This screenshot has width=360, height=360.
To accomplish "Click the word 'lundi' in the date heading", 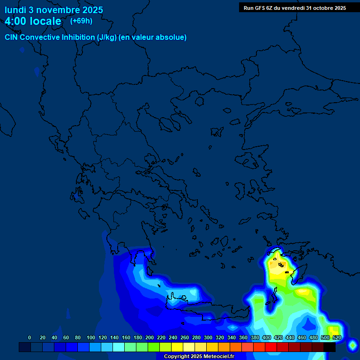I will tap(15, 10).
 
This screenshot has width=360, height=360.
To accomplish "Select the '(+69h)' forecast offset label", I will tap(81, 21).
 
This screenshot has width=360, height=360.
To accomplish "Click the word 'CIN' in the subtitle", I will tap(12, 37).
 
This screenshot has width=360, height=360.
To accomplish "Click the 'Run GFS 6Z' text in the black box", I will tap(260, 8).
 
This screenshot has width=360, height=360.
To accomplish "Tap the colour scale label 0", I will tap(30, 337).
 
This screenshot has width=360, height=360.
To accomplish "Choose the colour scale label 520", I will tap(337, 337).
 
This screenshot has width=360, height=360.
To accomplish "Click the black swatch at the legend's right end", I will tap(330, 347).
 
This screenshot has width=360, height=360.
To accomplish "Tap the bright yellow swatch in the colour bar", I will tap(177, 347).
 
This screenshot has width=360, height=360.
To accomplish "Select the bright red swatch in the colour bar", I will tap(271, 347).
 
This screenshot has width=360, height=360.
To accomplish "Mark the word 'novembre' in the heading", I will tap(58, 10).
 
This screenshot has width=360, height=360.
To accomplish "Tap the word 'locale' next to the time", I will tap(45, 21).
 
